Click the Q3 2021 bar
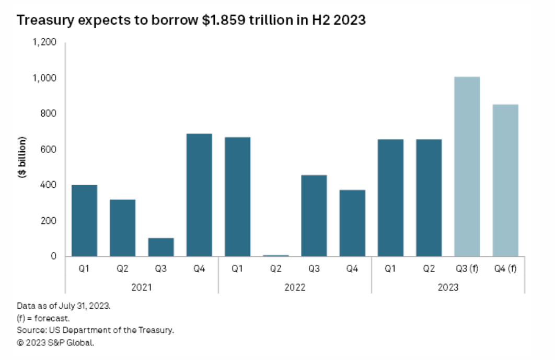160,247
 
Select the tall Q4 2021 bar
199,195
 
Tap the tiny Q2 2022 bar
276,255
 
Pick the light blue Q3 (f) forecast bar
467,166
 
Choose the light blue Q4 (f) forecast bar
505,180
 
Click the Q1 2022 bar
237,197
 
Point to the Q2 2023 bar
429,198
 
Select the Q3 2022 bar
314,216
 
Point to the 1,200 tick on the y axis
44,42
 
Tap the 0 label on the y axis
53,256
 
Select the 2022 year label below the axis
295,287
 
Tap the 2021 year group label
141,287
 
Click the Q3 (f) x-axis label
467,270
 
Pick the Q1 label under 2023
390,270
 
